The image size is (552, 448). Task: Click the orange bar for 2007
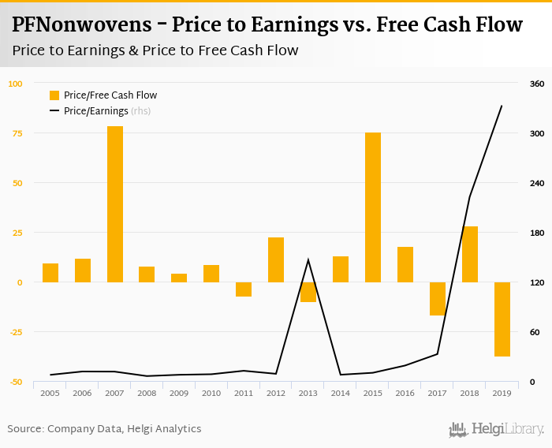[115, 203]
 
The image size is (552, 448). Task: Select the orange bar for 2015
[373, 207]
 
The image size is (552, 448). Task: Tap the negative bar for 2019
[502, 319]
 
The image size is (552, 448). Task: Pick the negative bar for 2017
[438, 299]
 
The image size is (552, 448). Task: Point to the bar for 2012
[276, 259]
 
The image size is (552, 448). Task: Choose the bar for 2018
[470, 254]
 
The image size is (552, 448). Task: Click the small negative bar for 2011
[244, 289]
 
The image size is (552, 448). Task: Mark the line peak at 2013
[308, 259]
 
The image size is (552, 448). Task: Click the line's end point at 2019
[502, 106]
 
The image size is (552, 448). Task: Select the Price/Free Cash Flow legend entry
[103, 95]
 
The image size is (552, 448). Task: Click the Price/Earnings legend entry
[99, 111]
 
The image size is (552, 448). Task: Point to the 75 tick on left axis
[15, 133]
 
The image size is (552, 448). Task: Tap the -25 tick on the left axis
[15, 332]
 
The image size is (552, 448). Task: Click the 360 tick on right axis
[536, 84]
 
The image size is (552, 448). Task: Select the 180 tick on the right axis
[536, 233]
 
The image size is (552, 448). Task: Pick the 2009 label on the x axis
[179, 393]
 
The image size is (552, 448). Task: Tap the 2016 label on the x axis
[405, 393]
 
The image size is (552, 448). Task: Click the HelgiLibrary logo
[496, 429]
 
